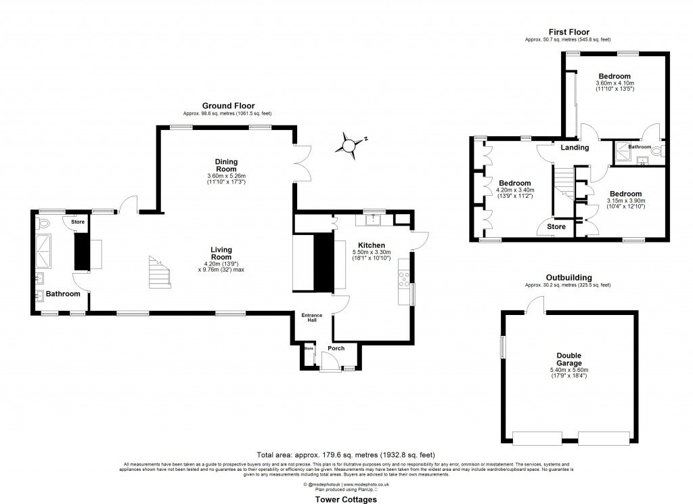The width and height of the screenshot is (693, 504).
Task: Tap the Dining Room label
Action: [226, 165]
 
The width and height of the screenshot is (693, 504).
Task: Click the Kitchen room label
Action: [372, 245]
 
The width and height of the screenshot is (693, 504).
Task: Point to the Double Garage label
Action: [569, 359]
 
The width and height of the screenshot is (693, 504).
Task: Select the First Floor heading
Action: [568, 32]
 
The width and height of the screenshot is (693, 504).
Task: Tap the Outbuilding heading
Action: [568, 278]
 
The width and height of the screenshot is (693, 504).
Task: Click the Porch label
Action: [336, 348]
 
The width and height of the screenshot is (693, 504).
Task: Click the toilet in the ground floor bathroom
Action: [45, 223]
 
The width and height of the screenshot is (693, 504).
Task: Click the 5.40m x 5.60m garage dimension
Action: [569, 370]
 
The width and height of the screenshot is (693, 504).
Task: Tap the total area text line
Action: [345, 455]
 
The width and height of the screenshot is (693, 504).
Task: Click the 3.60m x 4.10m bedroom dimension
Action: [614, 83]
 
